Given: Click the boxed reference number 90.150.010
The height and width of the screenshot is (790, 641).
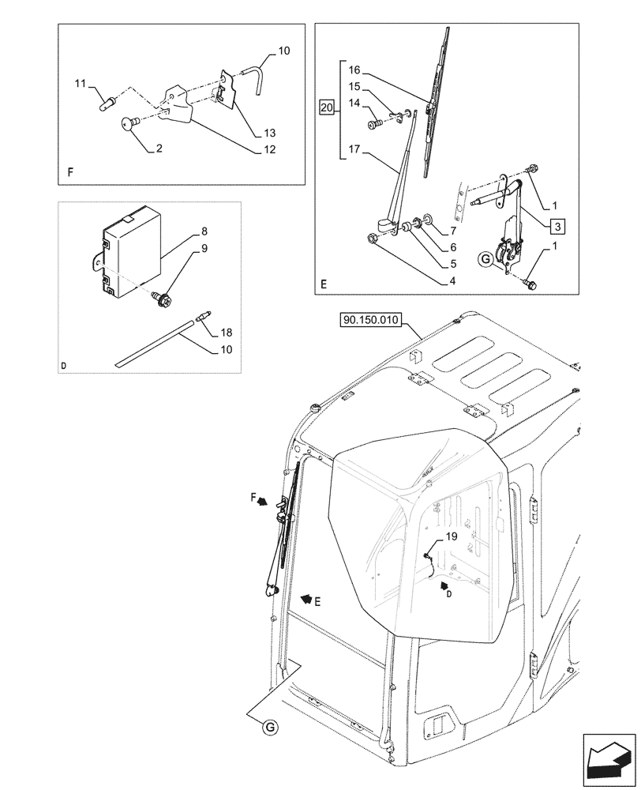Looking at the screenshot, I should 370,320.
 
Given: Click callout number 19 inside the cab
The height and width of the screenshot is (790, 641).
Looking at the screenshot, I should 452,536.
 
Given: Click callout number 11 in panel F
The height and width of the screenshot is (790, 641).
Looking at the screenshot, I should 80,83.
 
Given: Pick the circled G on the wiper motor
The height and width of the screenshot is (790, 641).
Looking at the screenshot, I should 486,258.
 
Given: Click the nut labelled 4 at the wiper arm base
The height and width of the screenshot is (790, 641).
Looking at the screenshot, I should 373,236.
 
